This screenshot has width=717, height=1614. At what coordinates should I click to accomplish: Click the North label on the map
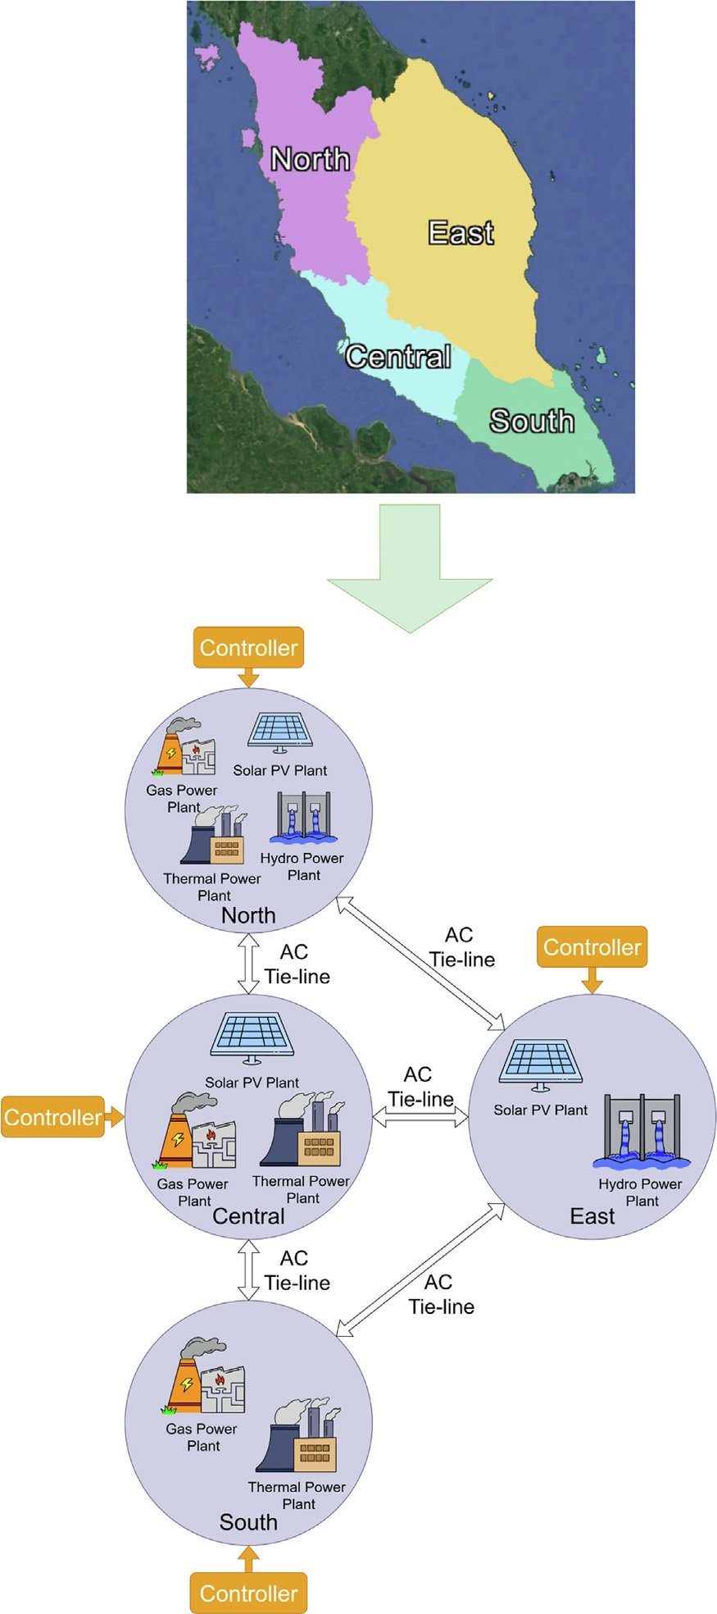click(x=311, y=158)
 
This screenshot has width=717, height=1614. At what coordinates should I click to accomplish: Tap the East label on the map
click(x=461, y=233)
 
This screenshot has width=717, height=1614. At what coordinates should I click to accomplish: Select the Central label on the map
click(x=398, y=356)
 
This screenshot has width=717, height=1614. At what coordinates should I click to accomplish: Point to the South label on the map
click(x=532, y=421)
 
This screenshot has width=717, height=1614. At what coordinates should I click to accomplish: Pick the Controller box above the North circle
click(x=248, y=648)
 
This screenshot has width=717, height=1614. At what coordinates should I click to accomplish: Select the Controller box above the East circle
click(x=592, y=947)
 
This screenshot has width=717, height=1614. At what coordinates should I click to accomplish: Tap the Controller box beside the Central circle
click(x=53, y=1117)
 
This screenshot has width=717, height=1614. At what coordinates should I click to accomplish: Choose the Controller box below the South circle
click(x=248, y=1593)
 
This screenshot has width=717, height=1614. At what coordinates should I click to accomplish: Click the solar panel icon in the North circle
click(x=280, y=733)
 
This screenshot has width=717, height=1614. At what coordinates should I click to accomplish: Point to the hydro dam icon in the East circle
click(x=642, y=1131)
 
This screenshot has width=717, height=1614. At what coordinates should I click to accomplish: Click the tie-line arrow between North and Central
click(x=248, y=964)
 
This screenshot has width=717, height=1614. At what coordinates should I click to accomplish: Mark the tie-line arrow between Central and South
click(x=248, y=1270)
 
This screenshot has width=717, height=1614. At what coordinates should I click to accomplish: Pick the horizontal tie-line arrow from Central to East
click(x=420, y=1116)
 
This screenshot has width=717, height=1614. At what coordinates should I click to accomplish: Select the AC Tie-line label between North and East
click(x=461, y=947)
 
